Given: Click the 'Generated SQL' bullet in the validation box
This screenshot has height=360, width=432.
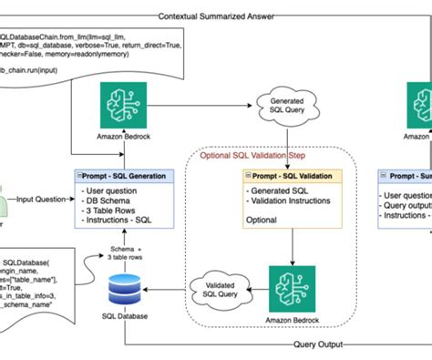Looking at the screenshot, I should tap(277, 190).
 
